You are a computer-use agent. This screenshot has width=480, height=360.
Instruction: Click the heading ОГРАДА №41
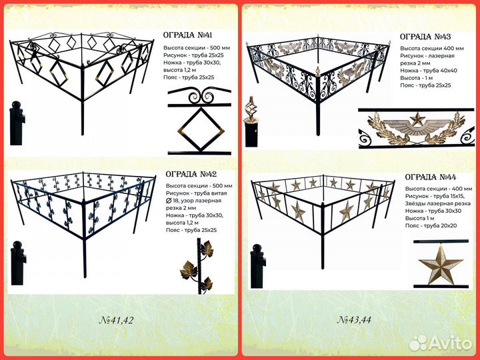[x=187, y=35]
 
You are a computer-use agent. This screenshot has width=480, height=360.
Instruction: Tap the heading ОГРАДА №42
[x=191, y=174]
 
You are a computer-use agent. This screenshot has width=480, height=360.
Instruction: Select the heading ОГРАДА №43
[x=425, y=37]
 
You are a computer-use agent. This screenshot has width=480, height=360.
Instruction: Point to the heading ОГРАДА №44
[x=431, y=177]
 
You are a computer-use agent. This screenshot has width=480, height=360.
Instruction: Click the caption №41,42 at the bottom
[x=117, y=320]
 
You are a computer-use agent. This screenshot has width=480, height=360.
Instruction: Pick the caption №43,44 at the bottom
[x=354, y=320]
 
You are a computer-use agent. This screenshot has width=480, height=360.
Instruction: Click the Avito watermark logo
[x=441, y=342]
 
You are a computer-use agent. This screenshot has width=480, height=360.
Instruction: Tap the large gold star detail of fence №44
[x=441, y=264]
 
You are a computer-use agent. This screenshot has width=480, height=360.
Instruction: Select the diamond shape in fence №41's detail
[x=201, y=131]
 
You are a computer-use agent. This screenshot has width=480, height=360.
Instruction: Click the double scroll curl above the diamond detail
[x=201, y=97]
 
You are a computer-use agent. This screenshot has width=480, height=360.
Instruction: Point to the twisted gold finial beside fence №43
[x=251, y=109]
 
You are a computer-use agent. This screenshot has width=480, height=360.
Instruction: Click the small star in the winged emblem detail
[x=417, y=119]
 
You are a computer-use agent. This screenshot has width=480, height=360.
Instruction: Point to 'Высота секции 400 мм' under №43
[x=432, y=49]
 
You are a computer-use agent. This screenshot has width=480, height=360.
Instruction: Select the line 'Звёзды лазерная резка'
[x=438, y=203]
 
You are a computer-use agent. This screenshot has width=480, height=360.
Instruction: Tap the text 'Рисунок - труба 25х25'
[x=193, y=55]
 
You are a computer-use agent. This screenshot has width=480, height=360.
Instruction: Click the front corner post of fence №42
[x=85, y=239]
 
